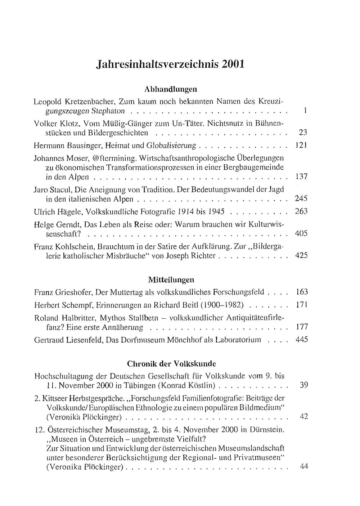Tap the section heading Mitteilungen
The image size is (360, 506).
tap(171, 279)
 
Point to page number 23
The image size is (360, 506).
tap(303, 133)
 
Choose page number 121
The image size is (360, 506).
tap(301, 145)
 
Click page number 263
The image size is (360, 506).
tap(301, 211)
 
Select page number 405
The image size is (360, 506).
tap(301, 233)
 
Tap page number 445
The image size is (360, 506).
tap(301, 340)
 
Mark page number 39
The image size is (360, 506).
tap(303, 385)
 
